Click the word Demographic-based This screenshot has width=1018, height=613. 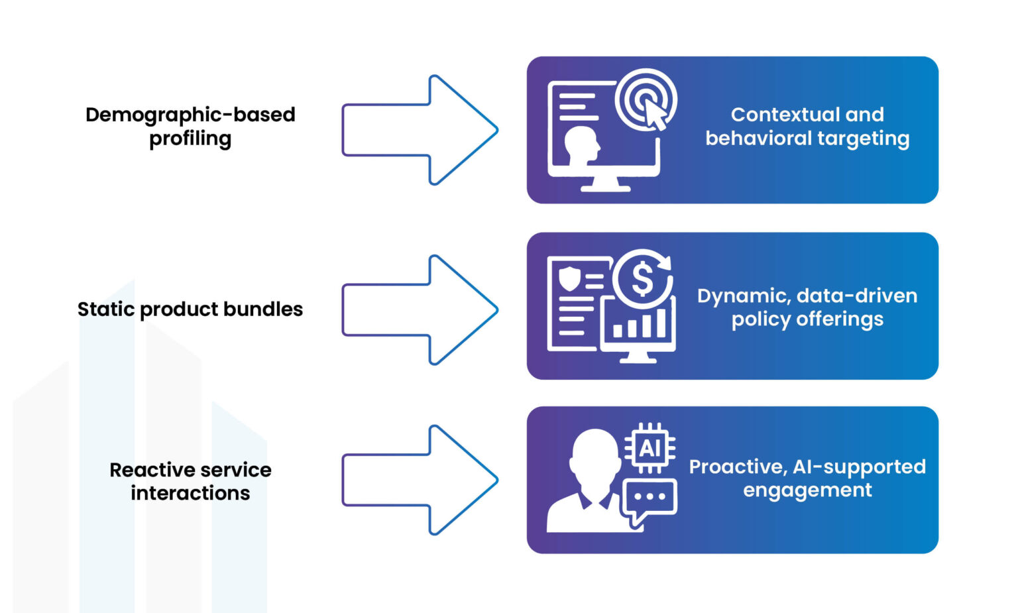click(190, 115)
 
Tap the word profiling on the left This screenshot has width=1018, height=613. click(190, 139)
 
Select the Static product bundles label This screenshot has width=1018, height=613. click(190, 309)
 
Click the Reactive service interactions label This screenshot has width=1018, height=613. click(190, 481)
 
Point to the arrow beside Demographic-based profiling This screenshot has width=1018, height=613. click(420, 130)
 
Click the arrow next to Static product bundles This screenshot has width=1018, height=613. click(420, 309)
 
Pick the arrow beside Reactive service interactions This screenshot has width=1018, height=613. click(420, 480)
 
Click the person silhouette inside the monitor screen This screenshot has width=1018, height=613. click(581, 145)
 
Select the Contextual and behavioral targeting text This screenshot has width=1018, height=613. click(807, 126)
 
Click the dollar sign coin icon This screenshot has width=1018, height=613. click(642, 278)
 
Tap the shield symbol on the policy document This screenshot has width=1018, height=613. click(569, 278)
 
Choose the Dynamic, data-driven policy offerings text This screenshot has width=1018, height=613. click(807, 307)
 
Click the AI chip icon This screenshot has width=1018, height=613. click(650, 449)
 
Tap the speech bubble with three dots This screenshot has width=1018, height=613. click(650, 498)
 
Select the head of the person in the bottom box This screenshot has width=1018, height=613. click(594, 457)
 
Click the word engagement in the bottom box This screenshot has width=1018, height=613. click(807, 490)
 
